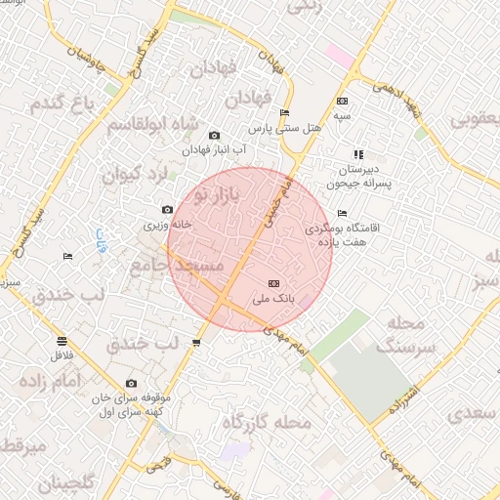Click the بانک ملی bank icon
click(273, 282)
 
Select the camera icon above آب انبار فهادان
click(215, 136)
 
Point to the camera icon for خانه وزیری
click(168, 210)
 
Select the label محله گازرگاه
click(267, 423)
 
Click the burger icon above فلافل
click(62, 341)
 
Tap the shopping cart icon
click(197, 343)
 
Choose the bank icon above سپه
click(341, 101)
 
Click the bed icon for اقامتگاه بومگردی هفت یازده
click(341, 213)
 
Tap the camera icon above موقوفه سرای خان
click(131, 384)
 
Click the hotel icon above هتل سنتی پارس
click(284, 113)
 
